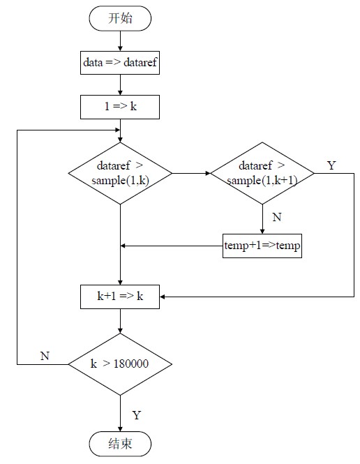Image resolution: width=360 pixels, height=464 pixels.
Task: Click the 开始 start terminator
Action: click(120, 18)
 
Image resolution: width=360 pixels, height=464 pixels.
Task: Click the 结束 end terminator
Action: click(120, 444)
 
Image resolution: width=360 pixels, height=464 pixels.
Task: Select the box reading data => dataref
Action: click(120, 62)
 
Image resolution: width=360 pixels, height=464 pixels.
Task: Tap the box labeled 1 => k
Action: click(120, 107)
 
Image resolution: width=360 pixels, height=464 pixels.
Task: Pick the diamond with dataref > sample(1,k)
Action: click(120, 173)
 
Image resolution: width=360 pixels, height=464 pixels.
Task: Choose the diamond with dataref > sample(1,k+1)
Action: click(262, 173)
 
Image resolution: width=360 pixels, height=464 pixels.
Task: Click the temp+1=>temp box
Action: click(262, 246)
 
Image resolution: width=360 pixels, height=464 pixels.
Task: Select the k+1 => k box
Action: click(120, 297)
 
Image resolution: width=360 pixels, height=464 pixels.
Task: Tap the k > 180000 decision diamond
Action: click(120, 364)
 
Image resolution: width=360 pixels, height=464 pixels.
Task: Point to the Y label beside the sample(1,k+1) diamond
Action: click(331, 165)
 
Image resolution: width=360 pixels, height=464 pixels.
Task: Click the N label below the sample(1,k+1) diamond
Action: click(277, 217)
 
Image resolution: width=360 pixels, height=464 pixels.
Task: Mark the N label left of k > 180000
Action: click(45, 356)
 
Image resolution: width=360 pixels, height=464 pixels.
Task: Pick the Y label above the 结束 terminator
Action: click(136, 415)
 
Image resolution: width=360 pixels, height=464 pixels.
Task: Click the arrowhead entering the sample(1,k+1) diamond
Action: click(208, 173)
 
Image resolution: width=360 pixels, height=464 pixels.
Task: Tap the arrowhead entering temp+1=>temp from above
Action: click(262, 232)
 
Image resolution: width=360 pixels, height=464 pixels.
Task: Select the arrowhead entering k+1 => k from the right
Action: click(163, 297)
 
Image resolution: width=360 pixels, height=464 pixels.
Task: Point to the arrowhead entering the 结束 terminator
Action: click(120, 429)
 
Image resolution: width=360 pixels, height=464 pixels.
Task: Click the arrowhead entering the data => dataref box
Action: click(120, 49)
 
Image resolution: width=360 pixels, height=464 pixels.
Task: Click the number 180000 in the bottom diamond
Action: click(131, 364)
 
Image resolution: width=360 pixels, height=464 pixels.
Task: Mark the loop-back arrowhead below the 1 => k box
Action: click(117, 130)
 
